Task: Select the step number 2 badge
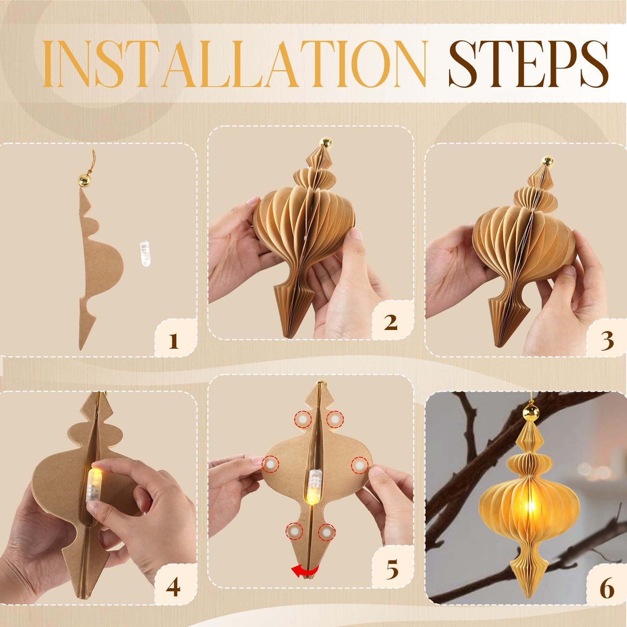pyautogui.click(x=390, y=322)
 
